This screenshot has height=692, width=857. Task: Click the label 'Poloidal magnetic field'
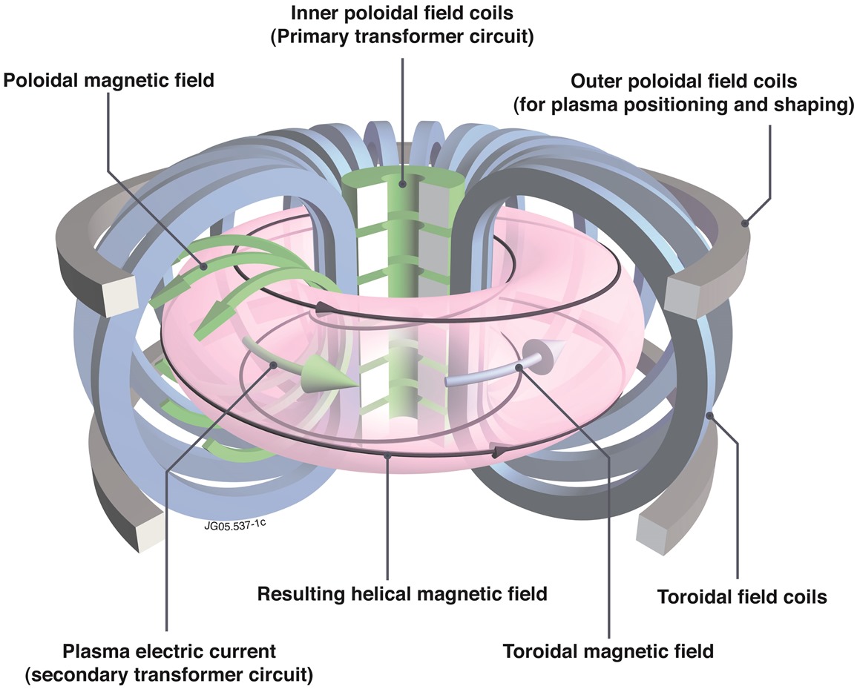109,79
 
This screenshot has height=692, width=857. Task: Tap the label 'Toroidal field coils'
742,596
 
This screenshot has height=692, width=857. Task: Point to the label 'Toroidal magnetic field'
608,652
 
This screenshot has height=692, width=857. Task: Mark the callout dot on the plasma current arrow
275,364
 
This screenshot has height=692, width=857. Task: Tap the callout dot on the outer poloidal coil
745,221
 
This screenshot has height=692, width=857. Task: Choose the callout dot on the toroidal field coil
711,416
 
